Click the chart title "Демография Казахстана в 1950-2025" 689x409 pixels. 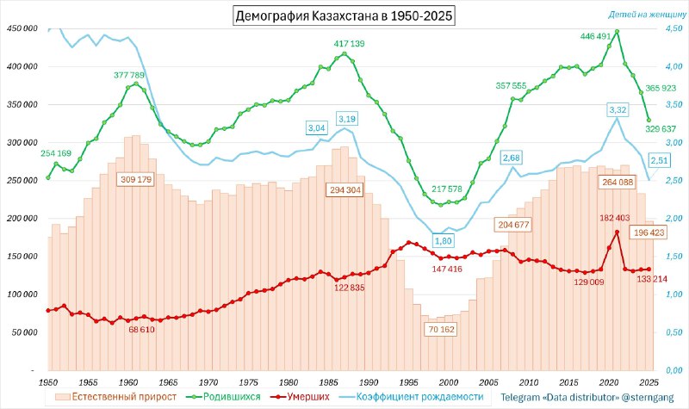344,15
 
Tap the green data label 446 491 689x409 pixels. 595,36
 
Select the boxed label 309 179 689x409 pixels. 136,180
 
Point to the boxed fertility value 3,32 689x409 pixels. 618,109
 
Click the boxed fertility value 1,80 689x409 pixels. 443,241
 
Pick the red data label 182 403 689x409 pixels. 614,218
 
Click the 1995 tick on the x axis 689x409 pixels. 408,382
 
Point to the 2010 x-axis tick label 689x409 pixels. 529,382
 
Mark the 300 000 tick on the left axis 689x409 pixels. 22,143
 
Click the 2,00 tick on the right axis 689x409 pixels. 673,219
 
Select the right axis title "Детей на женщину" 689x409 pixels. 647,15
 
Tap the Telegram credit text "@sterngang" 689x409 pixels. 647,398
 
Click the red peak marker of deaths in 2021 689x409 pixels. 617,232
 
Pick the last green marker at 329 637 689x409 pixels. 649,120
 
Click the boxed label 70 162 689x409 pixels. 441,330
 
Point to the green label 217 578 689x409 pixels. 446,189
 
